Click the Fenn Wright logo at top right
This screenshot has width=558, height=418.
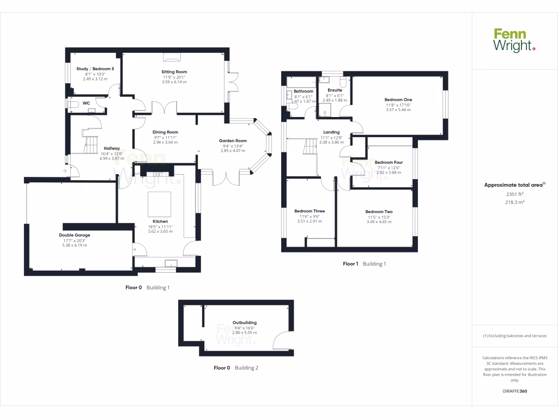click(x=514, y=41)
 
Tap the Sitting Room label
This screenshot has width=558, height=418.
click(x=174, y=72)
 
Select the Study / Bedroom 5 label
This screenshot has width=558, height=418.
click(x=95, y=69)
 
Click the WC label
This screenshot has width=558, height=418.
click(x=86, y=103)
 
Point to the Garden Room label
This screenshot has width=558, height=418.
click(x=233, y=141)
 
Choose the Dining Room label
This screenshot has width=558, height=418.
click(x=165, y=132)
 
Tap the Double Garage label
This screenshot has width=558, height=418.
click(x=75, y=235)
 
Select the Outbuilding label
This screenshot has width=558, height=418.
click(x=244, y=322)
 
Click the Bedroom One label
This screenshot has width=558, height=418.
click(x=398, y=100)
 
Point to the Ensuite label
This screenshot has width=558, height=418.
click(x=335, y=90)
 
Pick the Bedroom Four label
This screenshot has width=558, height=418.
click(x=389, y=162)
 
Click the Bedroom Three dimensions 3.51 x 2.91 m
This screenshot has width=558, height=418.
click(x=309, y=222)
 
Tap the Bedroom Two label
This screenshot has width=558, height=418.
click(x=379, y=212)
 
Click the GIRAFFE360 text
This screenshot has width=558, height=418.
click(x=514, y=391)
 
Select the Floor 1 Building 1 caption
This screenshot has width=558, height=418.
click(x=364, y=264)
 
